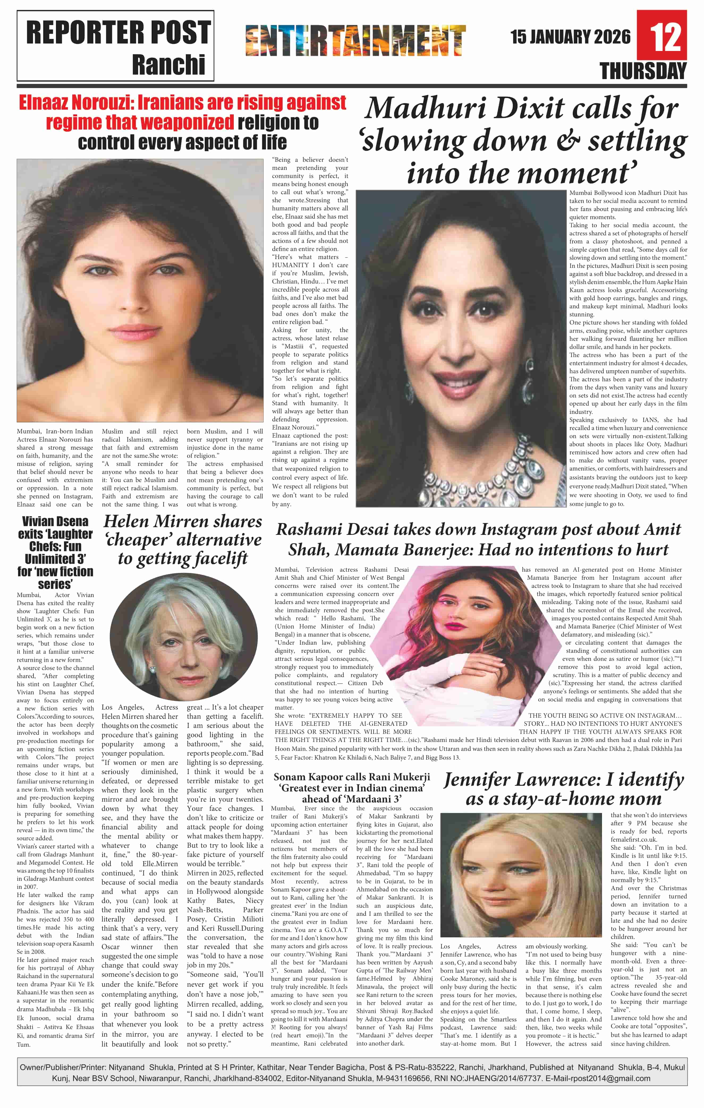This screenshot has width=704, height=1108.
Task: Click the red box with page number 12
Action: click(662, 35)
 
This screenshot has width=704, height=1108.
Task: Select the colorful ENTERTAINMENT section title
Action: click(355, 41)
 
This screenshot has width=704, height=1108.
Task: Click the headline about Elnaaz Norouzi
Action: click(182, 122)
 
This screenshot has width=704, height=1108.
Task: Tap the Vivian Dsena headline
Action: click(55, 552)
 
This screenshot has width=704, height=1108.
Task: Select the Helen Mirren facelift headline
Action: click(183, 539)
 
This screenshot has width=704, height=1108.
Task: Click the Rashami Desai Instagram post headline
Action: click(478, 539)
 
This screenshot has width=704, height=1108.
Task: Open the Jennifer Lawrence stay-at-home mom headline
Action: click(563, 789)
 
